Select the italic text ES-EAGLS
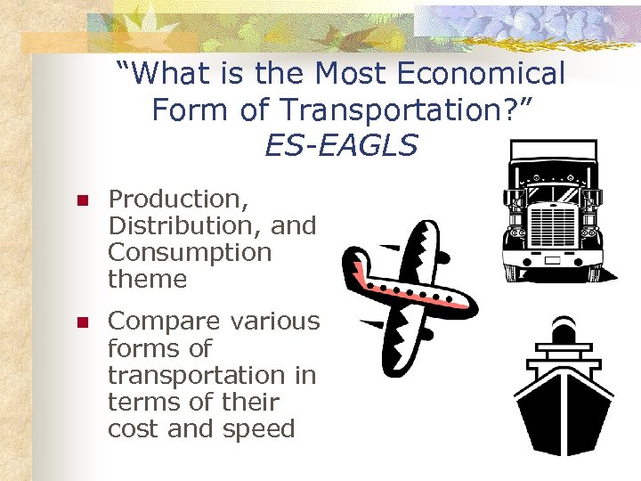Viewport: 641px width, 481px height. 340,144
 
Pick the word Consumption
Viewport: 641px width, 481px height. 189,253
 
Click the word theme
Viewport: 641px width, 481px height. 147,280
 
